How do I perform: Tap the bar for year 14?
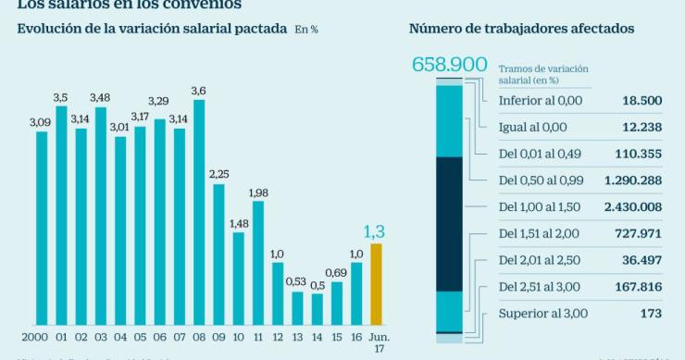pyautogui.click(x=318, y=307)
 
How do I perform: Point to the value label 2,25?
pyautogui.click(x=218, y=174)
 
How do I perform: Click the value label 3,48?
pyautogui.click(x=100, y=98)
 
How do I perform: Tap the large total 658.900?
pyautogui.click(x=449, y=65)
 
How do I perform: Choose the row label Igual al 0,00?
pyautogui.click(x=532, y=127)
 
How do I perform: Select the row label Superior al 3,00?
pyautogui.click(x=542, y=314)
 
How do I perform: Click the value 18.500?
pyautogui.click(x=638, y=100)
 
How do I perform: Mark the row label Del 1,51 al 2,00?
pyautogui.click(x=539, y=233)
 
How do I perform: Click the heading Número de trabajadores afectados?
pyautogui.click(x=521, y=29)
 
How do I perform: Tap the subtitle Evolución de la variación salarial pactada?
pyautogui.click(x=152, y=29)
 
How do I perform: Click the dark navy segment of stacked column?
pyautogui.click(x=448, y=223)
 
